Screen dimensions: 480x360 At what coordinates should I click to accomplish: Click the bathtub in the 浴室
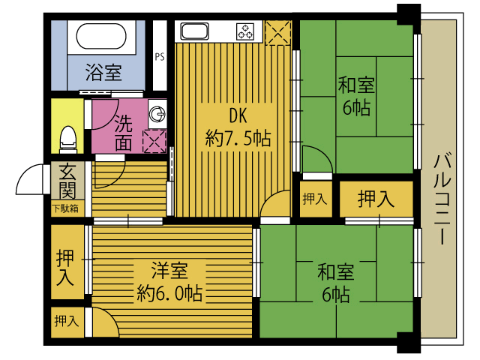tap(101, 36)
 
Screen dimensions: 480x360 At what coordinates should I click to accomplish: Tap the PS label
tap(160, 57)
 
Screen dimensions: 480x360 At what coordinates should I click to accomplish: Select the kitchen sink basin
tap(194, 31)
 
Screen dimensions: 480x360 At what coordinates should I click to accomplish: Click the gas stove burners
tap(245, 31)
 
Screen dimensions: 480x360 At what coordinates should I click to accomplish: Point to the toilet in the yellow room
tap(68, 139)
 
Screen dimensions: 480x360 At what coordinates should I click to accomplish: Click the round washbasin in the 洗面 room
tap(157, 114)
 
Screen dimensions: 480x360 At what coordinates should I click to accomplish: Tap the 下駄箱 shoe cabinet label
tap(65, 208)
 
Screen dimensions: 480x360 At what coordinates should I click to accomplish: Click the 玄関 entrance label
tap(67, 181)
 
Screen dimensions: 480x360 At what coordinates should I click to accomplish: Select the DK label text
tap(238, 116)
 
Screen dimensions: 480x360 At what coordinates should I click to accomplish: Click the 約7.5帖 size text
tap(238, 138)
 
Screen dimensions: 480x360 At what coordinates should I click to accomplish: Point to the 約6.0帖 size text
tap(169, 293)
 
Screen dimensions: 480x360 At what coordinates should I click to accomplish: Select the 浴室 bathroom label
tap(103, 72)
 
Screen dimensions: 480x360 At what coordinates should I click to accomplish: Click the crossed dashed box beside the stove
tap(277, 33)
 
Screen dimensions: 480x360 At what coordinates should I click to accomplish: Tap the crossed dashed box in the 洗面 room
tap(154, 141)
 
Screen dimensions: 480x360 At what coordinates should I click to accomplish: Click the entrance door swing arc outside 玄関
tap(29, 179)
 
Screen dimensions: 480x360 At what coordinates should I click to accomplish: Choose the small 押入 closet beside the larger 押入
tap(316, 199)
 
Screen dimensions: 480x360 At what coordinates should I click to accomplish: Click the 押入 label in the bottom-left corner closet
tap(67, 321)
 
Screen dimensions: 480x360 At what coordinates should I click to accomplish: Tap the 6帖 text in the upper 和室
tap(356, 107)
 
